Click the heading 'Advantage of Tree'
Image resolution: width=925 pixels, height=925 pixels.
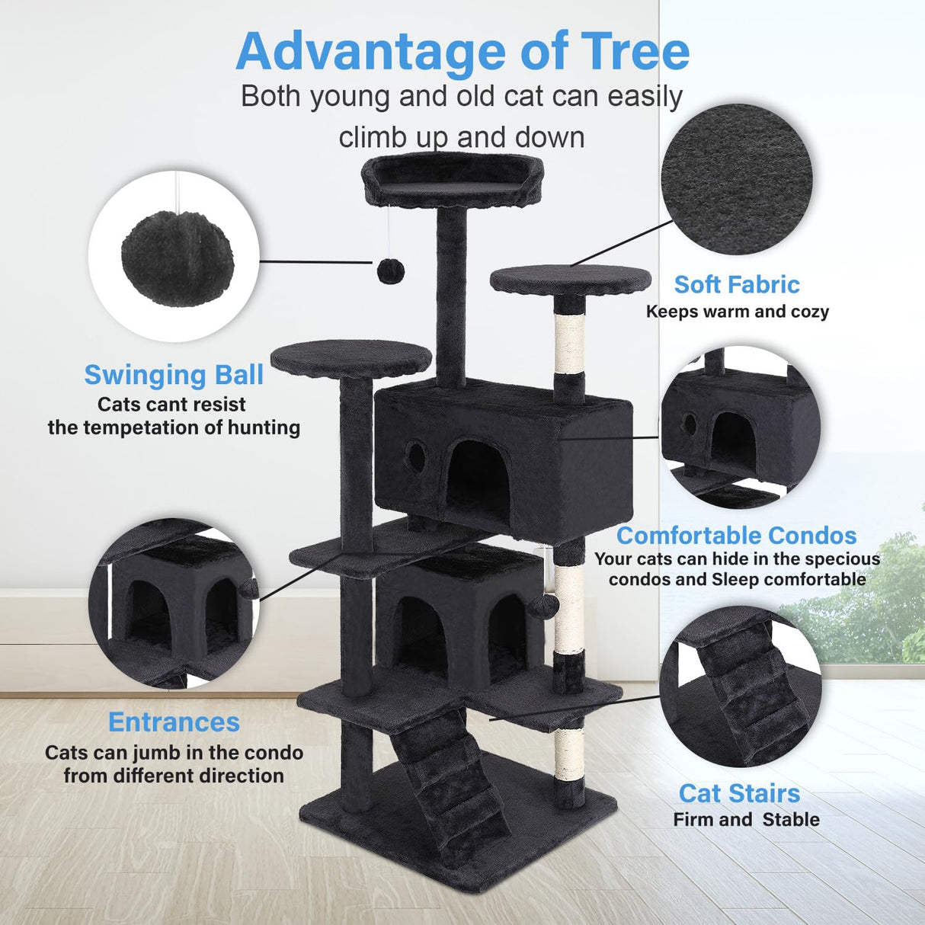point(462,52)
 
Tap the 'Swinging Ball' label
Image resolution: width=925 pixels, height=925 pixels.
point(174,375)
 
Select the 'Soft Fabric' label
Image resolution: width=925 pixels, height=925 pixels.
point(737,285)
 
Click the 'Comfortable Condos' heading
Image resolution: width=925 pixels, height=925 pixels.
point(736,536)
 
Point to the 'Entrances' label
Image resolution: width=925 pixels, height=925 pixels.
point(174,722)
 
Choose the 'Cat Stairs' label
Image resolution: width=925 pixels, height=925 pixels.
point(739,793)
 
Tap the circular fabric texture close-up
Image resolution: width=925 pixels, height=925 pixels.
point(736,180)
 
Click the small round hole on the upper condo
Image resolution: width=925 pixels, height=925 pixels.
point(416,455)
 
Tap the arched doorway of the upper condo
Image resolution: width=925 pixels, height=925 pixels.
point(477,477)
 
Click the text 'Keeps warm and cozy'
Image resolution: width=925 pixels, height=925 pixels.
point(737,312)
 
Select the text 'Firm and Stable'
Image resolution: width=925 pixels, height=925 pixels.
point(746,820)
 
